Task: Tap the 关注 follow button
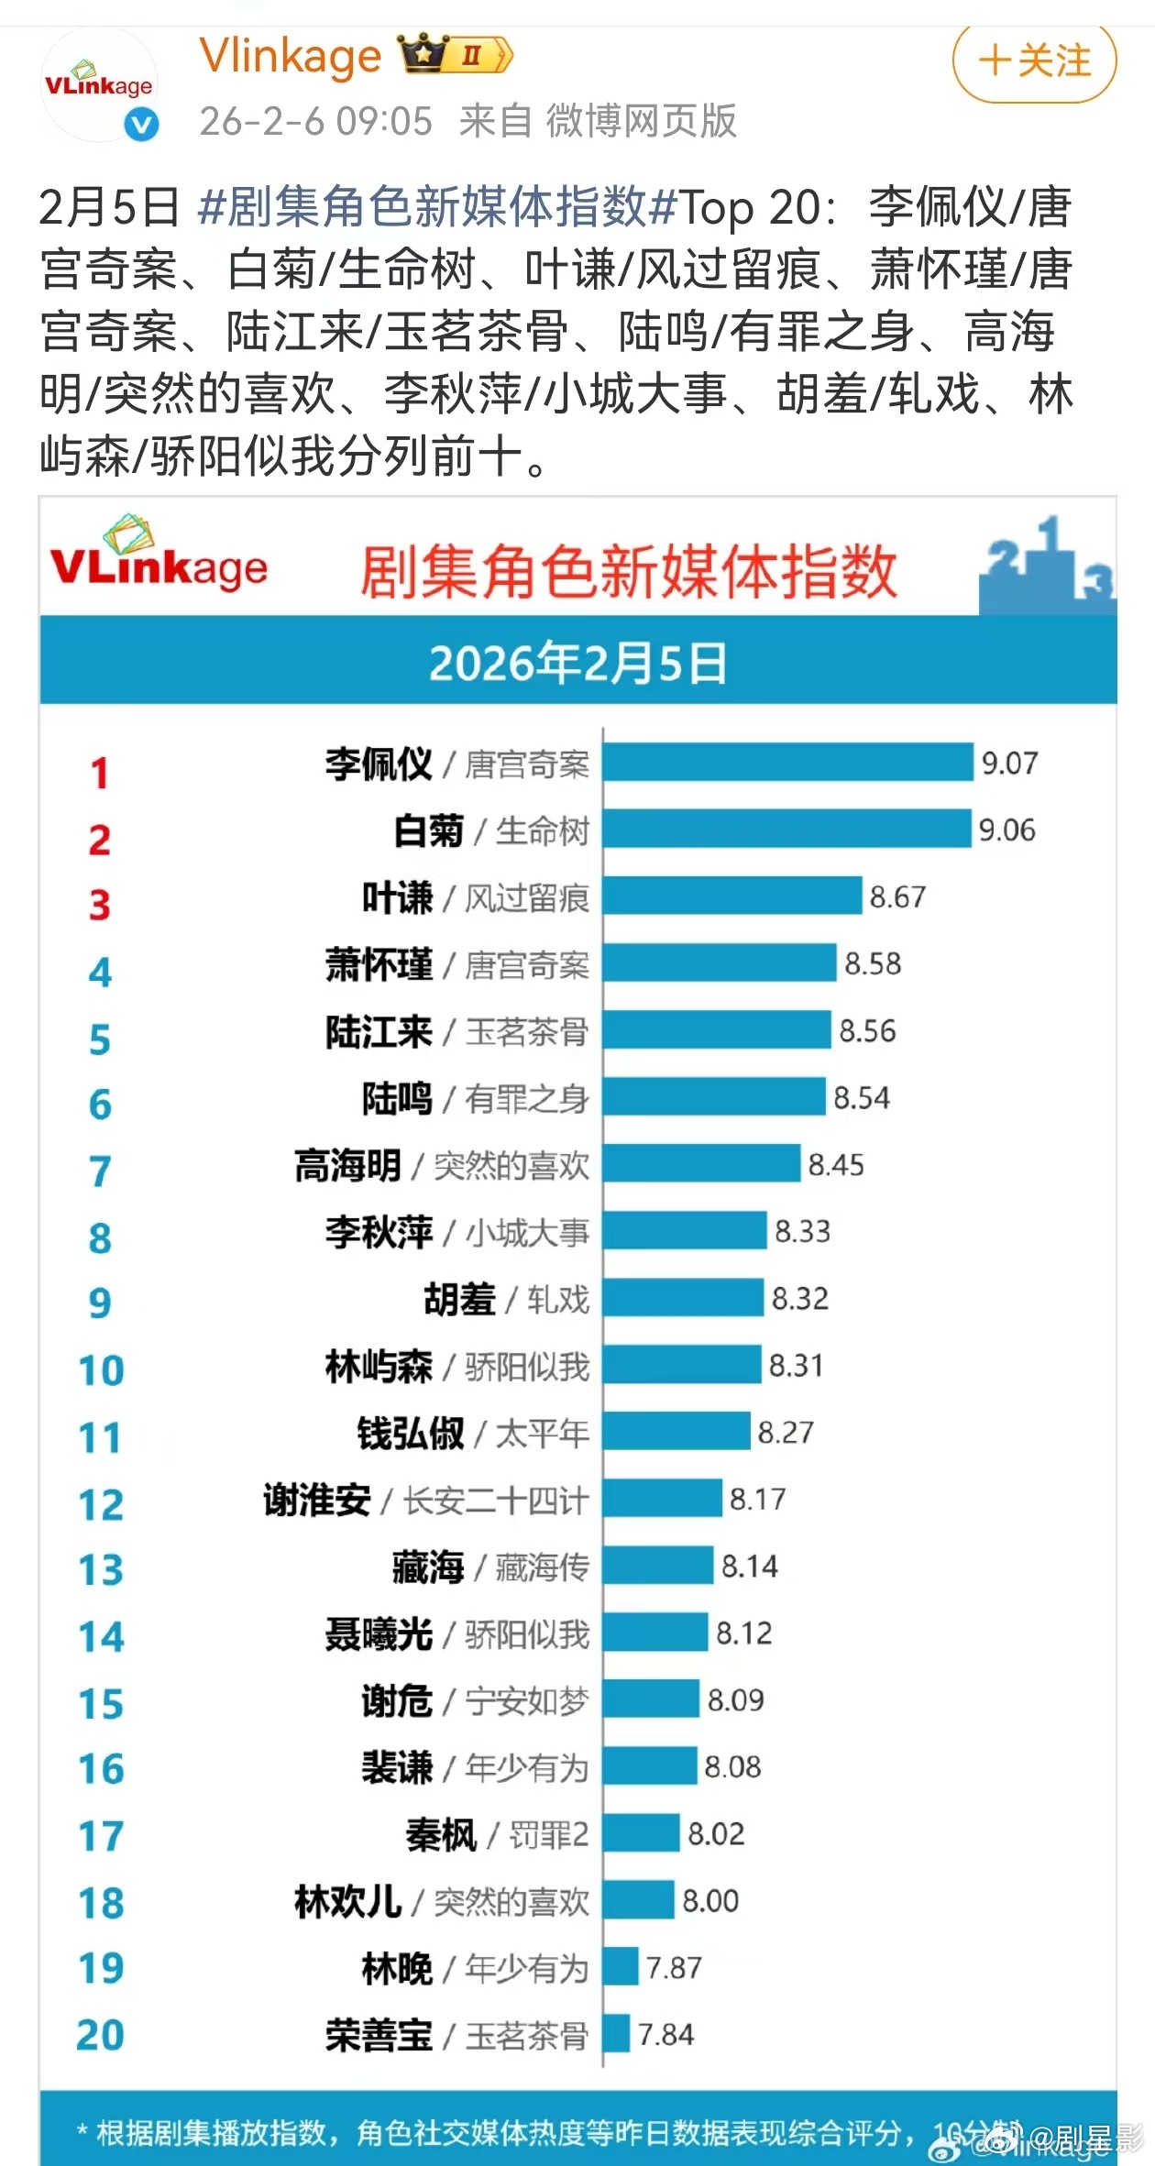coord(1035,61)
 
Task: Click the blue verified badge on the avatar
coord(141,124)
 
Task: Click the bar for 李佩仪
coord(787,763)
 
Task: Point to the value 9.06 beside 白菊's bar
coord(1006,830)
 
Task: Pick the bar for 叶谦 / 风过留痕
coord(732,896)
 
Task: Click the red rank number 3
coord(100,906)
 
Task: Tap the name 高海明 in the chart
coord(347,1166)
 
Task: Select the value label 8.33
coord(802,1231)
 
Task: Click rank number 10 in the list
coord(101,1371)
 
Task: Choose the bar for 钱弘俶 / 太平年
coord(676,1432)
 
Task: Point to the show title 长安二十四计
coord(496,1501)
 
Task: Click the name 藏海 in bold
coord(427,1567)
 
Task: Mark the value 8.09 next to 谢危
coord(735,1700)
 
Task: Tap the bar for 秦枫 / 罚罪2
coord(642,1833)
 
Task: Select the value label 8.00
coord(710,1901)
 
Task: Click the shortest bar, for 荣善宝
coord(617,2034)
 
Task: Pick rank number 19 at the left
coord(101,1968)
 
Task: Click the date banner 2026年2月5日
coord(577,663)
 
